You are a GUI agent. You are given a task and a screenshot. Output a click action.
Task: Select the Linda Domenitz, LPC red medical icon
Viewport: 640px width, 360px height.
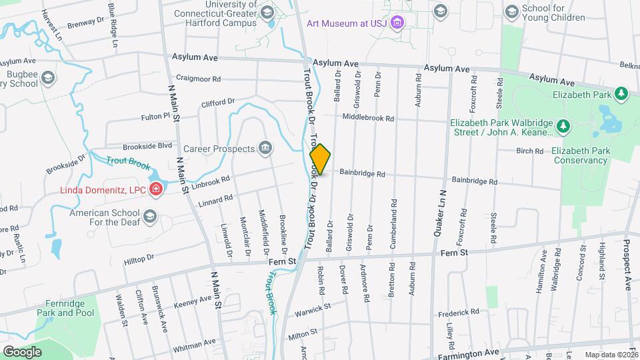point(156,189)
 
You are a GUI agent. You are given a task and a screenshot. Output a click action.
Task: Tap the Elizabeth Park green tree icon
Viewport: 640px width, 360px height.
point(621,93)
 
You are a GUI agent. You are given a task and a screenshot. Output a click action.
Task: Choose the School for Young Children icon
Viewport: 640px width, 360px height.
point(511,11)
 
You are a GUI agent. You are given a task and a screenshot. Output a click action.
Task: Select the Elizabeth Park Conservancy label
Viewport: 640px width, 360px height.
point(581,155)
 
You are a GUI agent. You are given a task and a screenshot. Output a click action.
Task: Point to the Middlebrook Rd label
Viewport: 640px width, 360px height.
point(369,117)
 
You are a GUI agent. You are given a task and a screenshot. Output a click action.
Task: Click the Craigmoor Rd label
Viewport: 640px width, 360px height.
point(198,79)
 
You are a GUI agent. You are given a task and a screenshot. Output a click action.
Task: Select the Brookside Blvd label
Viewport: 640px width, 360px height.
point(147,146)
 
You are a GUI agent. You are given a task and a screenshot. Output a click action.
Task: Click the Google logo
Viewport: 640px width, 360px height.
point(23,351)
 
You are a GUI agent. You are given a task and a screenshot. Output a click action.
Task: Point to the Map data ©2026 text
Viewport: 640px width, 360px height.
point(611,355)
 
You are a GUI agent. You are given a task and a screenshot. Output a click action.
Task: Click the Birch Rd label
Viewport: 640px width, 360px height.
point(530,151)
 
